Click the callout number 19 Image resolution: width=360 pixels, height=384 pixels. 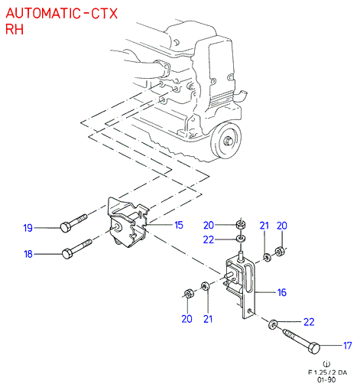click(28, 228)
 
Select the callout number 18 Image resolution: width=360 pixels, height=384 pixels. click(28, 254)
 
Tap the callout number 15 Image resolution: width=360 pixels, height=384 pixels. click(179, 225)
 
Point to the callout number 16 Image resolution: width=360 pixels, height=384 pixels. click(282, 292)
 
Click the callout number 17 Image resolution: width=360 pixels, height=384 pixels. click(348, 346)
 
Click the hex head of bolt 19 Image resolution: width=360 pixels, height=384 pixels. click(66, 226)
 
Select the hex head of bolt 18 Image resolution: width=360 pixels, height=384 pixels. click(67, 254)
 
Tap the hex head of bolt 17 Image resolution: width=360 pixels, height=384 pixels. click(314, 348)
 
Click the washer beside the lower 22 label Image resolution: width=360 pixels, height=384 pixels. click(273, 324)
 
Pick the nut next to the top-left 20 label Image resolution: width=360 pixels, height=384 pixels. click(241, 225)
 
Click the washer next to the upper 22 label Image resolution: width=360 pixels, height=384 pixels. click(241, 239)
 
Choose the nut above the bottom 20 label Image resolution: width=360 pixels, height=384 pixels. click(189, 293)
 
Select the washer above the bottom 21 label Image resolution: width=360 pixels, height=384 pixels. click(206, 286)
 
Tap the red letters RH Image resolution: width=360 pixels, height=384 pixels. click(15, 29)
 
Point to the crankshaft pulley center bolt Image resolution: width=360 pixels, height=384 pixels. click(228, 141)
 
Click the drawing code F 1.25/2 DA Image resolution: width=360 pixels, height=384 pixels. click(327, 373)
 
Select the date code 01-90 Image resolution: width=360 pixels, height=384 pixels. click(326, 379)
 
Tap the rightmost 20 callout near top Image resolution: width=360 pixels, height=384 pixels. click(282, 226)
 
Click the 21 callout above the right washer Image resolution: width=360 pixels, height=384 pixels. click(264, 226)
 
